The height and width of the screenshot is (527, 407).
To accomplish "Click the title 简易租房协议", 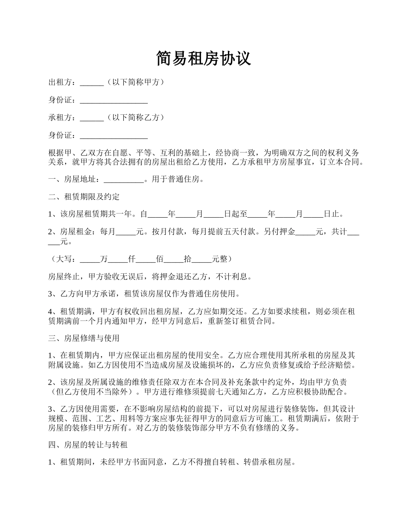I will click(203, 59).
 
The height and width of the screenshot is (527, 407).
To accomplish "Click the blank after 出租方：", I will click(92, 83).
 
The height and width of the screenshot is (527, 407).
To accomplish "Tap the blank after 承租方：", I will click(92, 118).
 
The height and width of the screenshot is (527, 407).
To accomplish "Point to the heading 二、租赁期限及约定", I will click(84, 197).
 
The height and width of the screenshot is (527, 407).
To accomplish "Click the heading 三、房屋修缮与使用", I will click(84, 338).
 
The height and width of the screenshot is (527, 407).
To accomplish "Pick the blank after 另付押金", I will click(305, 232).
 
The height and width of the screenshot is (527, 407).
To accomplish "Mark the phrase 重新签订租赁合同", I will click(239, 321).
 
